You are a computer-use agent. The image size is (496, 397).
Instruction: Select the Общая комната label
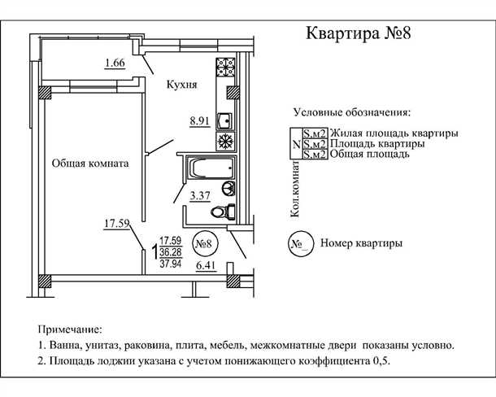pyautogui.click(x=90, y=163)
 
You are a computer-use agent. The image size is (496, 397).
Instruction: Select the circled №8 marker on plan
pyautogui.click(x=206, y=243)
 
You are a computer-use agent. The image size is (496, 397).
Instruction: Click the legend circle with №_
pyautogui.click(x=302, y=243)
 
